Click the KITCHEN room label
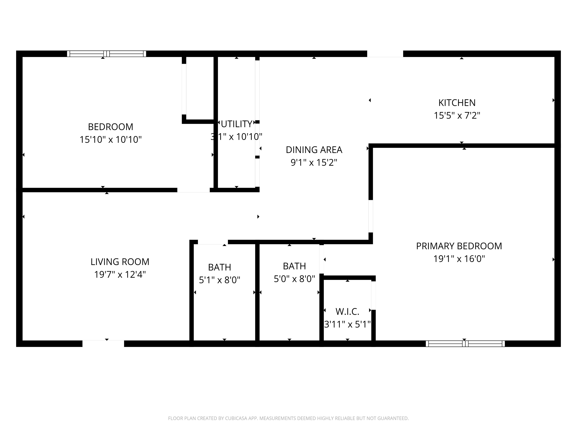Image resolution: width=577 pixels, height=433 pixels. [457, 103]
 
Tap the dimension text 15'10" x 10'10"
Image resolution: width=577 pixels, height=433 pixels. [111, 140]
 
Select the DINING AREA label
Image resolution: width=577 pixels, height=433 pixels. [314, 150]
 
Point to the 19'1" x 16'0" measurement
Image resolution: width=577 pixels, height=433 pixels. [459, 259]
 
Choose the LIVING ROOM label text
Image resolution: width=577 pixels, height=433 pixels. [120, 262]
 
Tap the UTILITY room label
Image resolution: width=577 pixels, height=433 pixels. [237, 124]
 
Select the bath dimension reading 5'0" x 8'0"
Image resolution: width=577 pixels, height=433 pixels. [294, 279]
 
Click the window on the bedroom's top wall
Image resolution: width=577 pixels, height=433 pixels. [106, 54]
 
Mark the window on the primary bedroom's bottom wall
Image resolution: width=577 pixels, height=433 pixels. [465, 344]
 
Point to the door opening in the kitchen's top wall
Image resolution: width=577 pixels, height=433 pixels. [385, 54]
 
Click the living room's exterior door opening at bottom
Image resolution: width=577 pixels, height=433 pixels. [103, 344]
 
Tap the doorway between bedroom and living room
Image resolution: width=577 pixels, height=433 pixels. [193, 190]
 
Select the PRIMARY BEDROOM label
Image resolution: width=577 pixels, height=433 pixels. [459, 246]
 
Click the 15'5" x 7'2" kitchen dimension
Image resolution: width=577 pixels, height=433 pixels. [457, 116]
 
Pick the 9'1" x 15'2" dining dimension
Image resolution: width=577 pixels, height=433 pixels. [314, 163]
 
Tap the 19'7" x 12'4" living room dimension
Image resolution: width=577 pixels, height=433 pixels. [120, 275]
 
